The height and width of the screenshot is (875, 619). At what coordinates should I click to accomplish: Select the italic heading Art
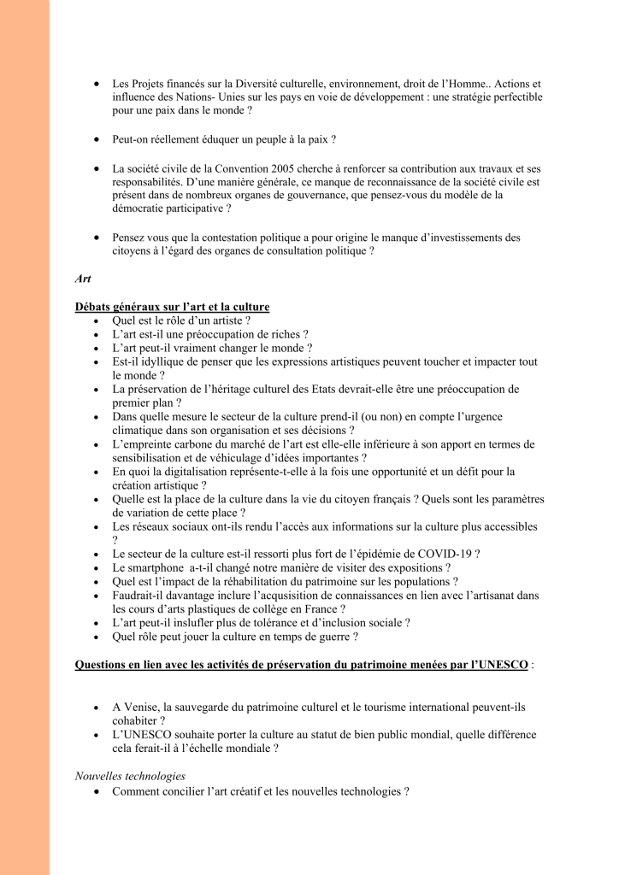(82, 278)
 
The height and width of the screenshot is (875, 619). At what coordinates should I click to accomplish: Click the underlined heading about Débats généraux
(172, 307)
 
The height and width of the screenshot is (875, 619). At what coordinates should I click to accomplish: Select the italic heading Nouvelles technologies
(130, 777)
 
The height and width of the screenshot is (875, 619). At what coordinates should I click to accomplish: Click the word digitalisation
(196, 471)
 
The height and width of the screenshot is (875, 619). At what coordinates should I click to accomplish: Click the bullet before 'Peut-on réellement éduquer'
(97, 138)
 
